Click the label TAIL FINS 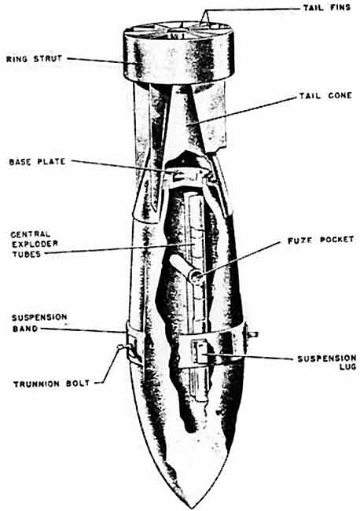[x=327, y=8]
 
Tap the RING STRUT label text [x=35, y=59]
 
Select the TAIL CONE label [x=325, y=96]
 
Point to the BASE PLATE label [x=37, y=162]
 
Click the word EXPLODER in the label [x=35, y=244]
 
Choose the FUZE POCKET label [x=321, y=241]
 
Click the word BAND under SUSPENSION [x=25, y=329]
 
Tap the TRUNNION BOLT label [x=51, y=384]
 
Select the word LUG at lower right [x=347, y=367]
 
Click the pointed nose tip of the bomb [x=193, y=507]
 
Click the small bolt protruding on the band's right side [x=253, y=334]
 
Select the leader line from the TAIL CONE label [x=242, y=111]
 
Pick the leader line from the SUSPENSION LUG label [x=248, y=357]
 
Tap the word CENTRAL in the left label [x=31, y=234]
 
